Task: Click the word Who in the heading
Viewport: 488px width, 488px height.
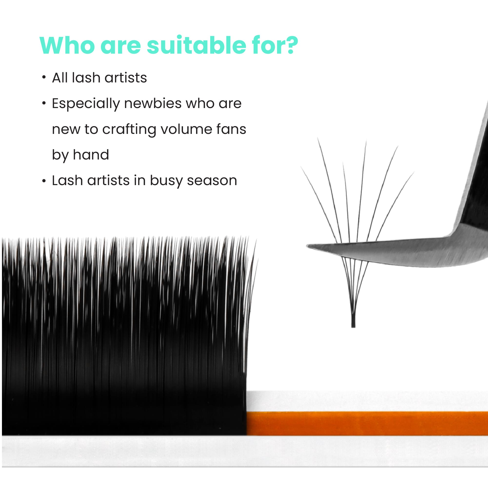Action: [x=67, y=45]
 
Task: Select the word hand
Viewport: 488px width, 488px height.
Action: [x=91, y=155]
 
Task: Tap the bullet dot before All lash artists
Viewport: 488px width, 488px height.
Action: [x=44, y=77]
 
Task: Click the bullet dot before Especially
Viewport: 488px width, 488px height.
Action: [x=44, y=103]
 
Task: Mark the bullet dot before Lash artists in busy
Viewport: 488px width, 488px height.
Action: [x=44, y=181]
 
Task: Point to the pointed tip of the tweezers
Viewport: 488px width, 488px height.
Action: [x=307, y=246]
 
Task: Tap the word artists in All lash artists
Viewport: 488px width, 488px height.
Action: [x=126, y=78]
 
